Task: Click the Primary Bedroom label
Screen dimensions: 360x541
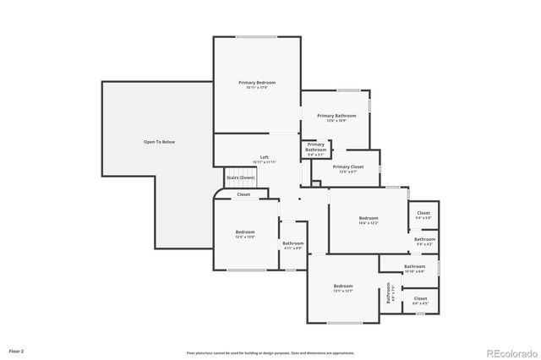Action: tap(257, 83)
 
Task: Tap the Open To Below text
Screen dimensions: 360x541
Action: tap(159, 142)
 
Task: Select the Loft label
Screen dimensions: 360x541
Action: tap(264, 157)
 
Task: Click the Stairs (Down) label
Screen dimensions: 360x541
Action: tap(240, 177)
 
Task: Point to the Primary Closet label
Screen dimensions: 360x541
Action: tap(347, 166)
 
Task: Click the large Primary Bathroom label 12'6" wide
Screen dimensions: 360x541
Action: tap(336, 116)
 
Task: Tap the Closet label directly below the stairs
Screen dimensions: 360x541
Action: tap(243, 194)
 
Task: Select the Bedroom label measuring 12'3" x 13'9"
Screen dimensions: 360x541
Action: tap(245, 232)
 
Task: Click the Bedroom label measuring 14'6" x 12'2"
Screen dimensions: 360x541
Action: tap(368, 218)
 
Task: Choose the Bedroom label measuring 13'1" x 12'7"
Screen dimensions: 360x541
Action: tap(342, 286)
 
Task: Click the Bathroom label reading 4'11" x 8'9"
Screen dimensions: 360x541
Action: tap(292, 243)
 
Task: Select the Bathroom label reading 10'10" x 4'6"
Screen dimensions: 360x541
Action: tap(414, 266)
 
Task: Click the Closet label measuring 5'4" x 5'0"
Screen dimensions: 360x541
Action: tap(424, 213)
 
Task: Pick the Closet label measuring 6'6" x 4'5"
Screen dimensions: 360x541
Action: tap(420, 298)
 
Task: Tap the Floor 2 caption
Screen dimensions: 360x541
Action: tap(16, 350)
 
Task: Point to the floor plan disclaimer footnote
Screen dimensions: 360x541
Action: tap(270, 352)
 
